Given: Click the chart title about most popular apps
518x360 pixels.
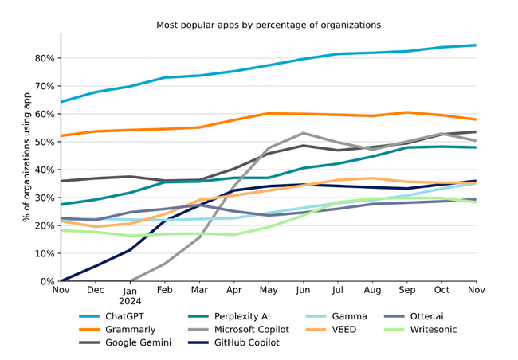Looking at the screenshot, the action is coord(269,25).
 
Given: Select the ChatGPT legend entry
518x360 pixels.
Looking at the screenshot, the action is coord(112,316).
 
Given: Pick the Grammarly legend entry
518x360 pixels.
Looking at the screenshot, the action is coord(117,330).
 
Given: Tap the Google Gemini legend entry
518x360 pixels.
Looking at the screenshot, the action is coord(125,342).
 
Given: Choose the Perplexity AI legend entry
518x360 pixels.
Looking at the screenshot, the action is coord(229,316).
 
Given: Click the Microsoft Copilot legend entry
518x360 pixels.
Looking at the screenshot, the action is coord(238,330).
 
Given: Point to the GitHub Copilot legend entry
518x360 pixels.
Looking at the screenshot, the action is coord(233,342).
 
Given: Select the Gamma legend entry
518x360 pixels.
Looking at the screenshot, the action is coord(336,316).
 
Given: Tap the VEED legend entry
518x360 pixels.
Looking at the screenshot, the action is coord(331,330).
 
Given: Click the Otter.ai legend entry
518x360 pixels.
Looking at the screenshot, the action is coord(414,316).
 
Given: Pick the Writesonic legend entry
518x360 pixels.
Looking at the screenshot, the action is coord(421,330).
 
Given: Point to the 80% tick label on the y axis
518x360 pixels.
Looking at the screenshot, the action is coord(45,58).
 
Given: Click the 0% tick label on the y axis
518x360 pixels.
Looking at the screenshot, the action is coord(47,282).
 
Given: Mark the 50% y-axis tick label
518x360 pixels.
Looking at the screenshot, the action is coord(45,142).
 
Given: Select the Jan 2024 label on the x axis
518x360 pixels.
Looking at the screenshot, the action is coord(130,296).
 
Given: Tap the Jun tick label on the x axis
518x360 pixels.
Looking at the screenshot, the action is coord(303,290).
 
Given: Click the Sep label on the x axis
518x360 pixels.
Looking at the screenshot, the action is coord(407,291).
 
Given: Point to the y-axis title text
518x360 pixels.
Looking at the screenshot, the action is coord(26,157).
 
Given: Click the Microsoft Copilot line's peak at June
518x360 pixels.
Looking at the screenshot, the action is coord(304,133).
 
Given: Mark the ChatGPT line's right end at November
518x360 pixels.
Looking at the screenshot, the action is coord(476,45).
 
